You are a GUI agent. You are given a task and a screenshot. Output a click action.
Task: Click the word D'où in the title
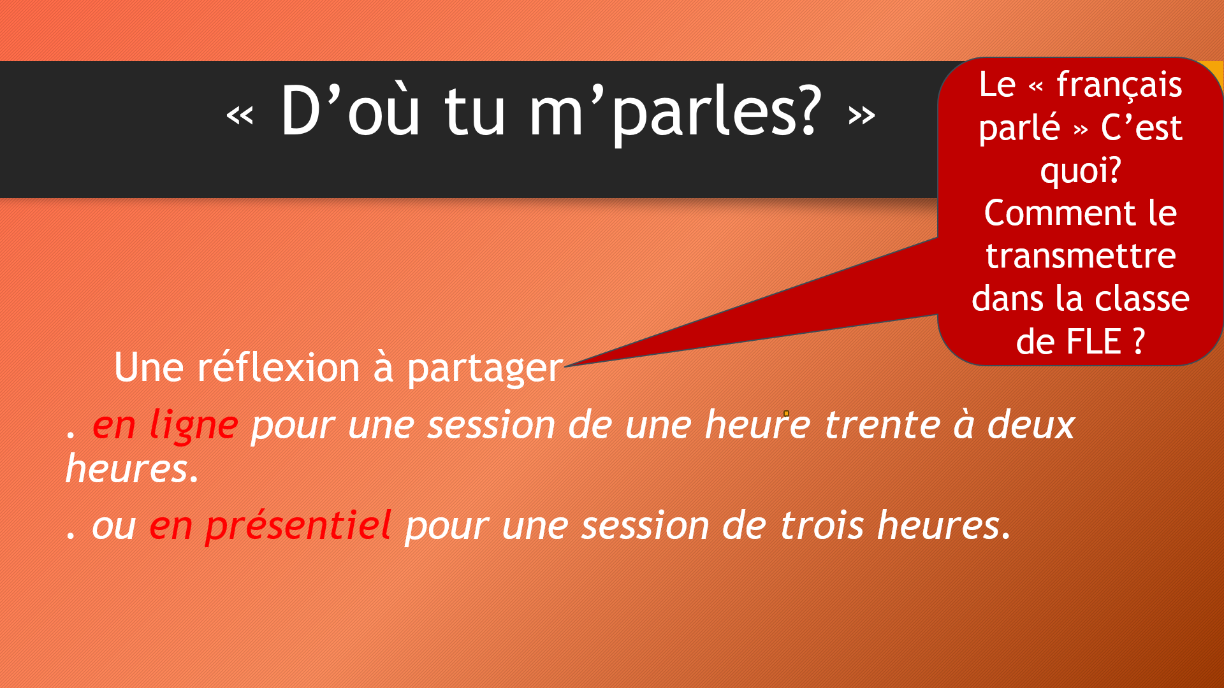(x=350, y=111)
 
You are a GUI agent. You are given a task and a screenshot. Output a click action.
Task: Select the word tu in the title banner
(x=475, y=112)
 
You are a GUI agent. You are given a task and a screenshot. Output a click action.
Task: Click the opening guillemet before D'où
(x=240, y=115)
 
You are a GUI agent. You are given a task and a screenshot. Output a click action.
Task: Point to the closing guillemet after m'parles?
(x=861, y=115)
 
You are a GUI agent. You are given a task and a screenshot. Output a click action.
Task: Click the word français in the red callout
(x=1119, y=85)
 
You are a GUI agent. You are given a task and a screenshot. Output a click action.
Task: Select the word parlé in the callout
(x=1019, y=127)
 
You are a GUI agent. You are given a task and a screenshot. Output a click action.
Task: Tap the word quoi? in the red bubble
(x=1081, y=171)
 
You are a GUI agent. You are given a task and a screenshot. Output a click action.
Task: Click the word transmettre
(x=1081, y=256)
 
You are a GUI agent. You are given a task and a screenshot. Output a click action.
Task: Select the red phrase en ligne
(x=166, y=426)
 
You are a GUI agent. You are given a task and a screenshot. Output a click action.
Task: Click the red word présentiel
(x=270, y=526)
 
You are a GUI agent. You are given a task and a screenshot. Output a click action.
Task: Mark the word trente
(x=882, y=425)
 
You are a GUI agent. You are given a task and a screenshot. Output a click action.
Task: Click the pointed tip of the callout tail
(x=565, y=366)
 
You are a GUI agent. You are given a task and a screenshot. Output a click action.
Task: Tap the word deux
(x=1031, y=424)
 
